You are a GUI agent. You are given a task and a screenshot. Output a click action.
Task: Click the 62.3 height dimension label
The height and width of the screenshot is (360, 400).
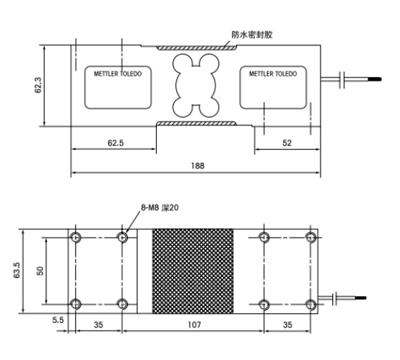[x=38, y=85]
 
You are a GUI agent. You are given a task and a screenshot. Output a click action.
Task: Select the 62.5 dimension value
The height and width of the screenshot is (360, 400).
[x=115, y=143]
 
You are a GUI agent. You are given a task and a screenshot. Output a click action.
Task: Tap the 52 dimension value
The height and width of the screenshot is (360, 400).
[x=287, y=143]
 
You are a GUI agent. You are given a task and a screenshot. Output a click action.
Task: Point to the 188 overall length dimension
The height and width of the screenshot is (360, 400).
[x=198, y=166]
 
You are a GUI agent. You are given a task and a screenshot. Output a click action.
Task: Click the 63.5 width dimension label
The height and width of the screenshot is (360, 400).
[x=17, y=270]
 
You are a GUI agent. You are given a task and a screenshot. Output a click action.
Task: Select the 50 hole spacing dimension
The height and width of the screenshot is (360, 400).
[x=40, y=271]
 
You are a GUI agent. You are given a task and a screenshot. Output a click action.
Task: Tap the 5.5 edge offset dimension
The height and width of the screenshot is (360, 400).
[x=58, y=320]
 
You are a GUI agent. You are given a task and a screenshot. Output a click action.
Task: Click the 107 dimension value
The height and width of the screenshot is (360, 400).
[x=195, y=325]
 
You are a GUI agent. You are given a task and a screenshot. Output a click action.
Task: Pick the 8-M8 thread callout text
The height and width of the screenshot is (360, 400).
[x=160, y=208]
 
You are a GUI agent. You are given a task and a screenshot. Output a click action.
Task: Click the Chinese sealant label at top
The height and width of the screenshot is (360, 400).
[x=252, y=35]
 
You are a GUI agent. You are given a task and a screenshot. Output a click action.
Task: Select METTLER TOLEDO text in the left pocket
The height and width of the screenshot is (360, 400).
[x=118, y=74]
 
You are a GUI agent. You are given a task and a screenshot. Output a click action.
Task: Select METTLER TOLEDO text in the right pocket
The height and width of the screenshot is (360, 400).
[x=273, y=74]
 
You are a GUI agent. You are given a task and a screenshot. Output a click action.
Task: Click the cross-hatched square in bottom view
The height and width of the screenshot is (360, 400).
[x=193, y=271]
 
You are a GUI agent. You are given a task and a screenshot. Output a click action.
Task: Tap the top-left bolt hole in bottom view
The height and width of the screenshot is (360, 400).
[x=76, y=237]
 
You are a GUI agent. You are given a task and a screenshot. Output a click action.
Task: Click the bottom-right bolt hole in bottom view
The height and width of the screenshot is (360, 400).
[x=311, y=305]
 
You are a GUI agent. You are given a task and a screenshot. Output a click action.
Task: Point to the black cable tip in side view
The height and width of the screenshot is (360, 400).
[x=375, y=79]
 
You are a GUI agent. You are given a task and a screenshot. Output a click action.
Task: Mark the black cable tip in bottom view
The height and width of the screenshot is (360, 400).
[x=360, y=298]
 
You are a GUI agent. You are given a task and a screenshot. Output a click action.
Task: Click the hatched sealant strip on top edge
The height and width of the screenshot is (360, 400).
[x=196, y=48]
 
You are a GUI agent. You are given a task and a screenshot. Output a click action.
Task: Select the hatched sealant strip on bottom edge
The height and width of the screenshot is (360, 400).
[x=196, y=123]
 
